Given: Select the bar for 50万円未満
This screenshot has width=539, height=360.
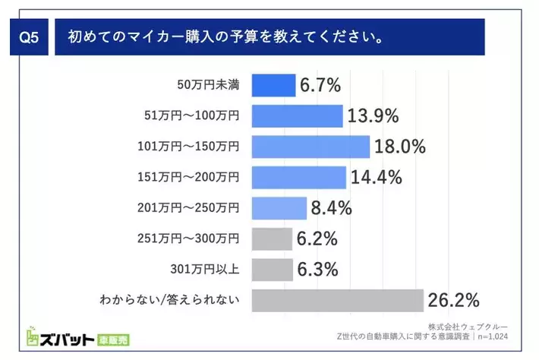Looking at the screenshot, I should coord(273,85).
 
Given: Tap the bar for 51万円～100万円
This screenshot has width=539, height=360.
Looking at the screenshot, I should coord(297,115).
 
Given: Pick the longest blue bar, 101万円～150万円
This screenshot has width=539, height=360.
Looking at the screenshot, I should coord(310,147).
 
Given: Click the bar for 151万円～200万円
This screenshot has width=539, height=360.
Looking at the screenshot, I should coord(298,178).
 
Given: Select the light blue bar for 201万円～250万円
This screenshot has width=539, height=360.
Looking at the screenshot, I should coord(279,208).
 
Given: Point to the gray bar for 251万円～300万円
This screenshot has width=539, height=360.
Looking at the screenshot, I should coord(271,239).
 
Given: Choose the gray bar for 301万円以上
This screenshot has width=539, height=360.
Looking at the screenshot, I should coord(272,270).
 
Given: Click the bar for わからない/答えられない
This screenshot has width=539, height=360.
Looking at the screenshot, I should coord(337,301).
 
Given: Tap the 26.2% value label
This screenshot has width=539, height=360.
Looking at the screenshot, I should coord(453,301).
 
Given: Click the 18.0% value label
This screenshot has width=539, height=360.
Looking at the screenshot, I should coord(400,147).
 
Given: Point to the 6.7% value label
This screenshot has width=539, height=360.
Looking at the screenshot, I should coord(320,85).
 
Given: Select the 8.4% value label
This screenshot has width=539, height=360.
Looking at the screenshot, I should coord(331,208).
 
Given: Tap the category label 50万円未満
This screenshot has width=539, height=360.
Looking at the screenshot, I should coord(209,85).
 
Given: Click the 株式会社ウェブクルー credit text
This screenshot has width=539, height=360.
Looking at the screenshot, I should coord(481,327).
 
